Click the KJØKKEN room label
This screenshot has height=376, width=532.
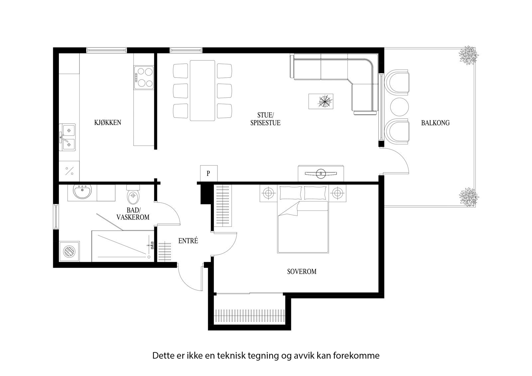pos(107,123)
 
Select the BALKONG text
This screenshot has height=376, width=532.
pos(435,123)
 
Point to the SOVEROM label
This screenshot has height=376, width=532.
pos(302,272)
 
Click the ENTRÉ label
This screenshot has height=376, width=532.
pos(188,241)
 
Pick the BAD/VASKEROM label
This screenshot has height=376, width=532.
pos(133,214)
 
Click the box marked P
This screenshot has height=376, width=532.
pos(208,173)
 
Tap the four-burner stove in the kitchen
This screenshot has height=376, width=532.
pos(144,77)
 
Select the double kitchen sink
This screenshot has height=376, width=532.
pos(67,137)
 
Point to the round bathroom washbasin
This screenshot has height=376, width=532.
pos(82,192)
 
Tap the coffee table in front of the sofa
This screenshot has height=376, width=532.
pos(321,101)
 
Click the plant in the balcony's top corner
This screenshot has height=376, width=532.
pos(469,55)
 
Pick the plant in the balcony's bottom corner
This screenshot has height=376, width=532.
pos(469,197)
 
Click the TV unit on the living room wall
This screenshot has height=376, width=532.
pos(321,173)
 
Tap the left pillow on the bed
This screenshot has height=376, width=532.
pos(291,192)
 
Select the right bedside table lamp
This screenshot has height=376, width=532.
pos(337,192)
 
